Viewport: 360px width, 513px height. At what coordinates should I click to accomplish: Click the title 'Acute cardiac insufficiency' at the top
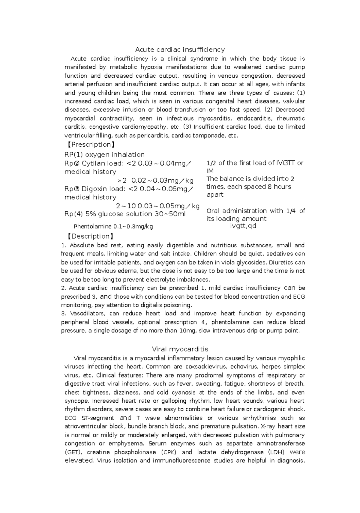[180, 49]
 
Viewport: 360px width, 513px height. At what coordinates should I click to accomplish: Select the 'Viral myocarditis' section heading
[180, 349]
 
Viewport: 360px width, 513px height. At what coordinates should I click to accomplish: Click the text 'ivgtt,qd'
[243, 226]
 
